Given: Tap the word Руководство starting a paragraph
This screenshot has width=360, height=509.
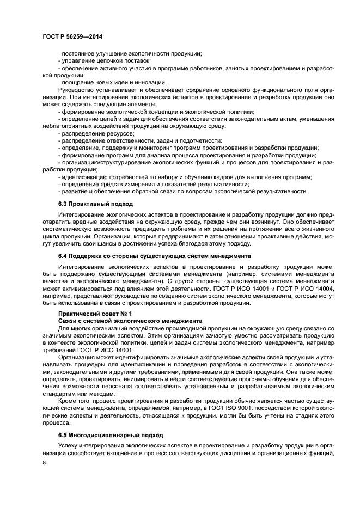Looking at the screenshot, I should coord(77,89).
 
